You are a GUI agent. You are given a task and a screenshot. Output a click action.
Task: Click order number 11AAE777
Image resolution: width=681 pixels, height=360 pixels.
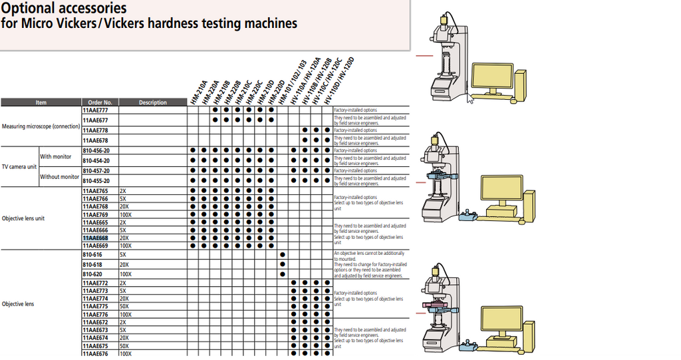tap(95, 110)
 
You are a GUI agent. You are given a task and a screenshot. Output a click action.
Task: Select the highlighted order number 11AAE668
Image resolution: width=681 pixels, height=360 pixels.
tap(95, 238)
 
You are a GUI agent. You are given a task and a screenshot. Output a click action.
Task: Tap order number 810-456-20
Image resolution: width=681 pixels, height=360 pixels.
tap(96, 150)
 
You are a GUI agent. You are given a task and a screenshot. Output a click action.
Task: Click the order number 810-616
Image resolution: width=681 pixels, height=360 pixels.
tap(92, 254)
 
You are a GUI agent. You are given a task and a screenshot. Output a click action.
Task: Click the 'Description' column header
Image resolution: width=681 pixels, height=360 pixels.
tap(153, 102)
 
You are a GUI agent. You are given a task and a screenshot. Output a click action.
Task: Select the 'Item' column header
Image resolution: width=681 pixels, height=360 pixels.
tap(41, 102)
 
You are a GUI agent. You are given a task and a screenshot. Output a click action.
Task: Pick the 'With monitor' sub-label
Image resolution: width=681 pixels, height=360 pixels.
tap(56, 156)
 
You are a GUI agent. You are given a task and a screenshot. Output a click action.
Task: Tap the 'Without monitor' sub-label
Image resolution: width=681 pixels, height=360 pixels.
tap(60, 177)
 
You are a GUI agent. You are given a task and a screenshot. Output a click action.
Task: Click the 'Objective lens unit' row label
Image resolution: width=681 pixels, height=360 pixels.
tap(24, 218)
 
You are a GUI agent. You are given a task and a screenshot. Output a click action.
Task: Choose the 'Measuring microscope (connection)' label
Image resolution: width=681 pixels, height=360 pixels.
tap(41, 126)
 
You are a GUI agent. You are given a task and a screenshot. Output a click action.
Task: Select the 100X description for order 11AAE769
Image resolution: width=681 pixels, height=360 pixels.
tap(126, 214)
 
